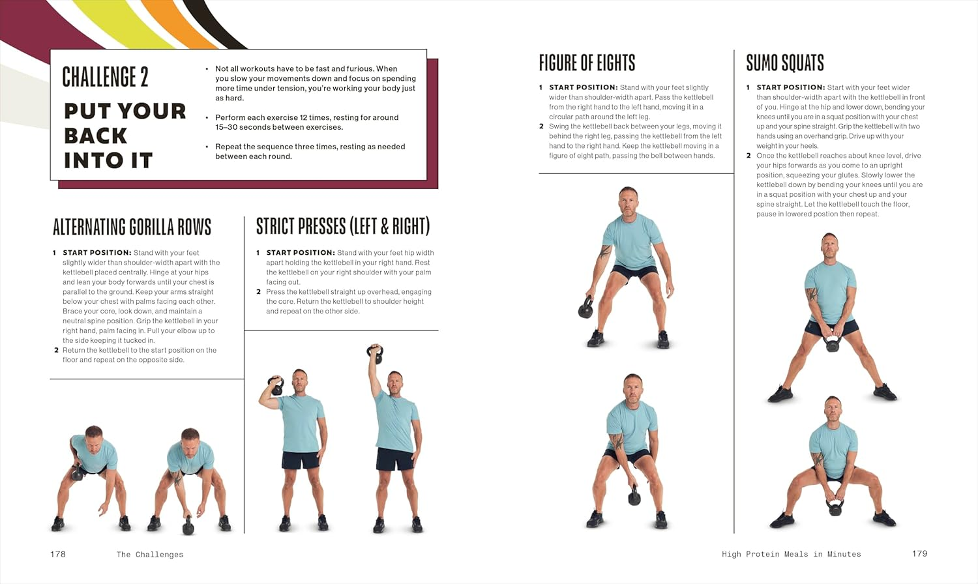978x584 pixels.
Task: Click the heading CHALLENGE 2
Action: click(x=105, y=77)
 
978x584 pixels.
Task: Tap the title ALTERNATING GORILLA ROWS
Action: click(x=132, y=227)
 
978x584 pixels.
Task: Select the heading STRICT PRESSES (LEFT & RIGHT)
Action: click(x=343, y=226)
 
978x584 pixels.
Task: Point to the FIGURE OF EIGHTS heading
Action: click(x=587, y=63)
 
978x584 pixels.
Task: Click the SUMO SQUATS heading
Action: click(x=784, y=63)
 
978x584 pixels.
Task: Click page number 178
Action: click(x=58, y=554)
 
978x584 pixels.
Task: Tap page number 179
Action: click(x=919, y=553)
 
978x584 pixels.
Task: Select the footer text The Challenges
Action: click(x=150, y=555)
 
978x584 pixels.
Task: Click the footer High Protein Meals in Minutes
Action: click(x=791, y=554)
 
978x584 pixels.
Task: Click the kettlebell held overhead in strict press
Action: click(x=375, y=355)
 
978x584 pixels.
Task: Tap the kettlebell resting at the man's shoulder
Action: click(x=276, y=387)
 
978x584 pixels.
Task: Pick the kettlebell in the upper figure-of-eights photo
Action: click(x=585, y=308)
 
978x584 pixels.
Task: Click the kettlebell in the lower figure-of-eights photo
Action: click(x=634, y=496)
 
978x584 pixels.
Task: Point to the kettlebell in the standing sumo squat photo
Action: click(x=832, y=343)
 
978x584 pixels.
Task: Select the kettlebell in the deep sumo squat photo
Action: click(x=835, y=506)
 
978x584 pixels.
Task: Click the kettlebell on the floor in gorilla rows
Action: click(x=188, y=525)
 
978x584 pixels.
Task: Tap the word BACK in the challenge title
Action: click(x=95, y=136)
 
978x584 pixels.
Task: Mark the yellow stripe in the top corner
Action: click(x=130, y=26)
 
